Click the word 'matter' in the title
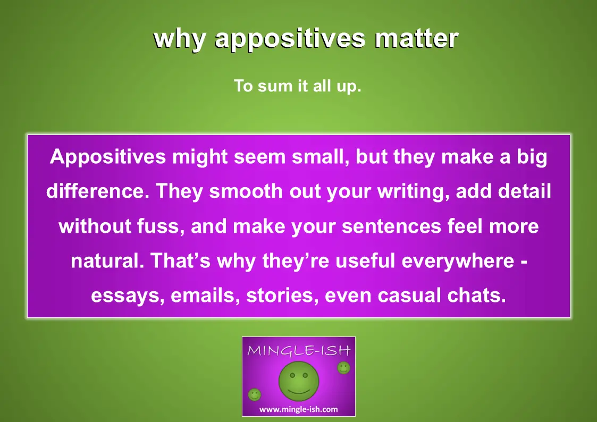click(417, 38)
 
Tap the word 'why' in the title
click(180, 39)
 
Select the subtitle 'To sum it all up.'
click(297, 86)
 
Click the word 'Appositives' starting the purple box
click(108, 157)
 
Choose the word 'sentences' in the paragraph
click(391, 227)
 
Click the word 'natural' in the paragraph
click(105, 261)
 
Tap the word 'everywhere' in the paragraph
click(458, 261)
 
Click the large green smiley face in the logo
click(299, 381)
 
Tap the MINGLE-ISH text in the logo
click(299, 350)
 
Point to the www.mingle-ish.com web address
click(299, 409)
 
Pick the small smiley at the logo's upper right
click(343, 368)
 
